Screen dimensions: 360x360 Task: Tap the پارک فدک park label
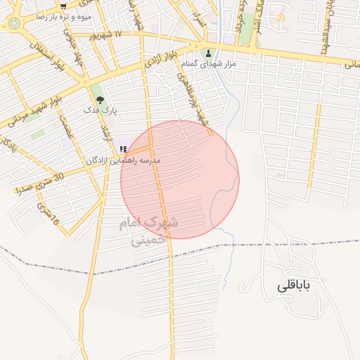pos(101,110)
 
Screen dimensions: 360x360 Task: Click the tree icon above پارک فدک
pos(98,98)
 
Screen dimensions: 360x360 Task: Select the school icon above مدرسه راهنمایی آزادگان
pos(124,149)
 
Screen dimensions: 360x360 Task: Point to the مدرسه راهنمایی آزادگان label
pos(123,160)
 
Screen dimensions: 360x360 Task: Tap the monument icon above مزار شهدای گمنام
pos(207,53)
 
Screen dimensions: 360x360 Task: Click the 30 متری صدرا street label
pos(39,182)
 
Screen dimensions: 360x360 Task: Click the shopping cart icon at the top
pos(64,6)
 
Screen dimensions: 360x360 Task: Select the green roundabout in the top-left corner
pos(14,23)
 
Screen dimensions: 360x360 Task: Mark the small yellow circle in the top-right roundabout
pos(281,17)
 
